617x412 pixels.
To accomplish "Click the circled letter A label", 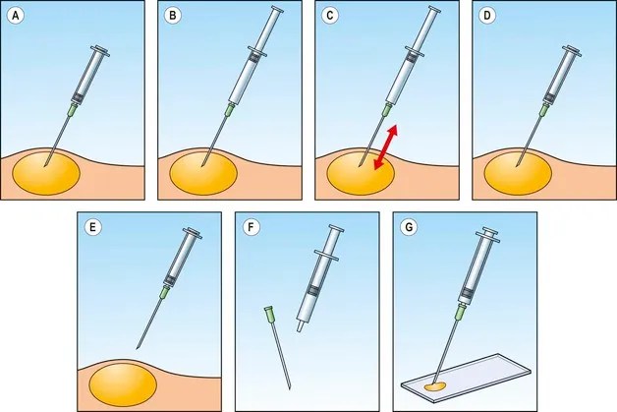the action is (16, 16).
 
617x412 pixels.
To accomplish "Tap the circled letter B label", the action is (173, 16).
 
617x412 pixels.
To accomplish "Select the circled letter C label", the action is (330, 16).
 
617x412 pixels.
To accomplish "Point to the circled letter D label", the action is (487, 16).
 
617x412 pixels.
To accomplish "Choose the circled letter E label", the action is (93, 228).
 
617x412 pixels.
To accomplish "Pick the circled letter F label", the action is (251, 228).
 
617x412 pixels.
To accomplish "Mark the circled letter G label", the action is (409, 228).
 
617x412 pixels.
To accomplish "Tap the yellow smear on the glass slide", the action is (435, 386).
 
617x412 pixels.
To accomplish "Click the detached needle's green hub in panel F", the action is (269, 314).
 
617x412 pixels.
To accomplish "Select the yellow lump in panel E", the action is (123, 384).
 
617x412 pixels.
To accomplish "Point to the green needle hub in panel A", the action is (72, 111).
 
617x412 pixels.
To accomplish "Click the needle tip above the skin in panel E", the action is (137, 348).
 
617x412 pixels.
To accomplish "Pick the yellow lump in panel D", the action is (518, 173).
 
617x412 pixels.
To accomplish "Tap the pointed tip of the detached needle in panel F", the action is (290, 388).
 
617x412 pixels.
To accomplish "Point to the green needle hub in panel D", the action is (543, 110).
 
